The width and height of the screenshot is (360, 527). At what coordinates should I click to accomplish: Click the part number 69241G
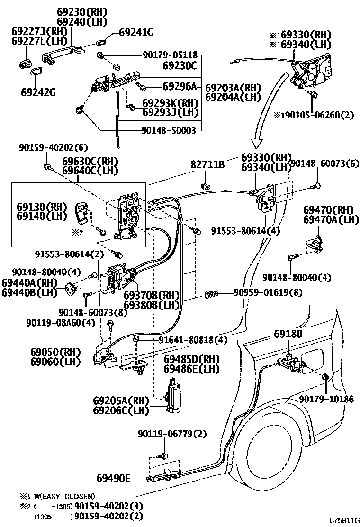(x=136, y=33)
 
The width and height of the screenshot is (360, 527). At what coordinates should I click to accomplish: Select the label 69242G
(x=38, y=92)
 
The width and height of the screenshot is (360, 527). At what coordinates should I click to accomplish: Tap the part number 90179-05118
(x=170, y=55)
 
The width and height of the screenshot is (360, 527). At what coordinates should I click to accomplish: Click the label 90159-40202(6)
(x=54, y=148)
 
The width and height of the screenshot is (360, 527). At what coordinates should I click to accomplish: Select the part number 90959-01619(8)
(x=268, y=292)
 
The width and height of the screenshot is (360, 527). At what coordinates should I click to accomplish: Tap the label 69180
(x=288, y=334)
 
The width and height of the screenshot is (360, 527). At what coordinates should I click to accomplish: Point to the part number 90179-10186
(x=326, y=399)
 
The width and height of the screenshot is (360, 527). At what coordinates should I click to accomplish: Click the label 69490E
(x=114, y=478)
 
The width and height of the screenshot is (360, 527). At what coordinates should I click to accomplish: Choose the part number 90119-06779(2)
(x=172, y=434)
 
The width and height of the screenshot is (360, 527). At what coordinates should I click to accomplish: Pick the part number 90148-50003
(x=169, y=130)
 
